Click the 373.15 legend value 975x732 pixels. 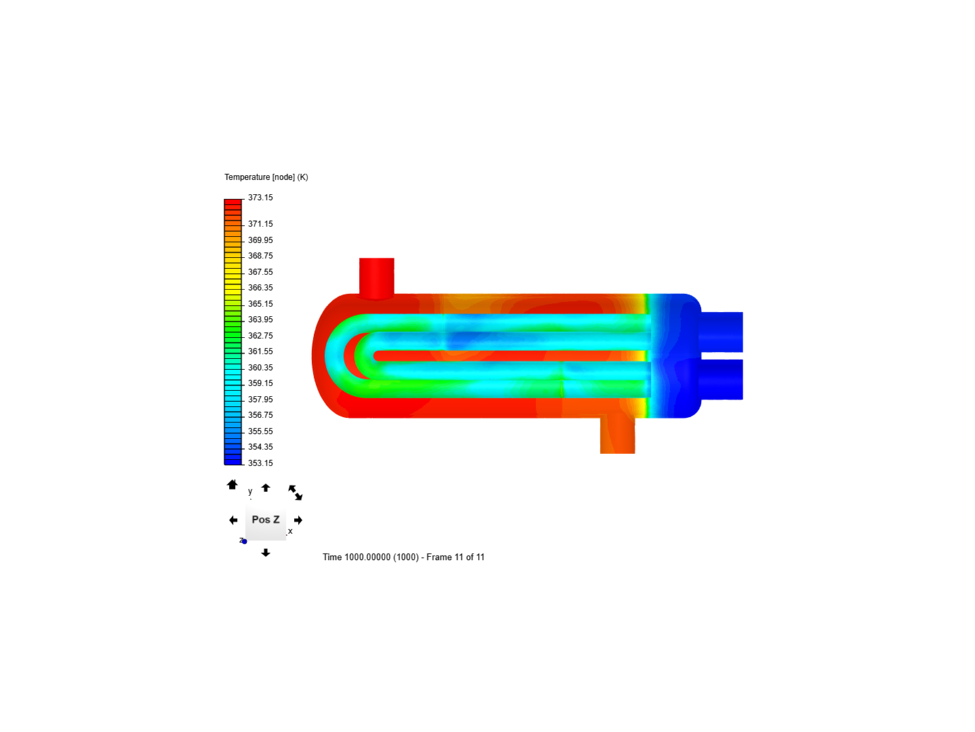point(260,197)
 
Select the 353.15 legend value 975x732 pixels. point(260,463)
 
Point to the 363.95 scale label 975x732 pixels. point(260,319)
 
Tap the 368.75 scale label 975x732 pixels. point(260,256)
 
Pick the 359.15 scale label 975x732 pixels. point(260,383)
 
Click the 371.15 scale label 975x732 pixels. point(260,224)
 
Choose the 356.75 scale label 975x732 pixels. point(260,415)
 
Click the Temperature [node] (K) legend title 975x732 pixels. point(266,178)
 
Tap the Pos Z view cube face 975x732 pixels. point(265,520)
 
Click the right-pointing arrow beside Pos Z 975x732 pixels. point(298,520)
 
